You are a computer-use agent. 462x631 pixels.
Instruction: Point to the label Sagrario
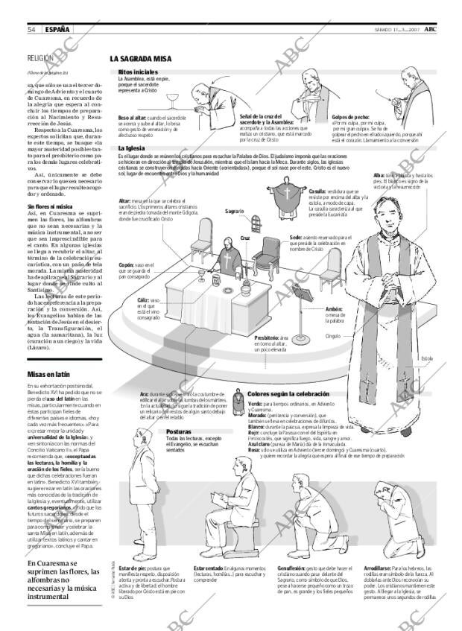[235, 212]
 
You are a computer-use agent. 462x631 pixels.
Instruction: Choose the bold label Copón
[127, 264]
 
